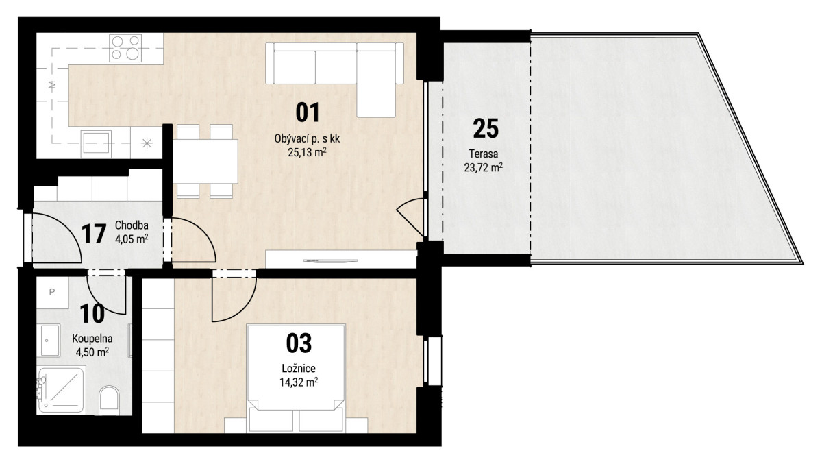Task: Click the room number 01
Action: click(x=308, y=112)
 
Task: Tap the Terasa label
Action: click(x=484, y=154)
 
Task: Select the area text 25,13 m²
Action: click(x=307, y=152)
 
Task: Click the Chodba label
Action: click(x=132, y=225)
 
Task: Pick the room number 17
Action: click(x=94, y=234)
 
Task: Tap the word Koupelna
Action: click(x=92, y=338)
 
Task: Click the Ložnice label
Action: click(x=299, y=368)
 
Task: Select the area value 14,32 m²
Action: click(x=299, y=382)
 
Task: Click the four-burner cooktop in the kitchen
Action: click(x=125, y=48)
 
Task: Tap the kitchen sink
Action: click(x=96, y=144)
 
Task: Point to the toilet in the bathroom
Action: click(x=109, y=400)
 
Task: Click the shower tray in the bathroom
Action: click(x=61, y=390)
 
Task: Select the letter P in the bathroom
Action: click(x=52, y=292)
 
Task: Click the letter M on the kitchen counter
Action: click(x=53, y=86)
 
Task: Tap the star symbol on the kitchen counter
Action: click(x=147, y=143)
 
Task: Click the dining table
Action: click(x=206, y=162)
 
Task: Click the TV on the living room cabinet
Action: click(x=330, y=260)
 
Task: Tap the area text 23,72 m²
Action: click(x=484, y=168)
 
